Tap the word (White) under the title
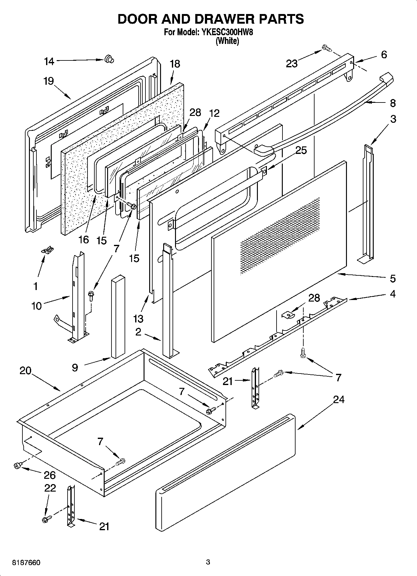click(x=227, y=41)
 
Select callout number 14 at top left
click(x=49, y=61)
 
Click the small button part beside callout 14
click(x=109, y=59)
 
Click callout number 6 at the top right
click(x=384, y=55)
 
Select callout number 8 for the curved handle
click(x=392, y=103)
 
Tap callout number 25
click(x=301, y=150)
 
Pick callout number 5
click(x=392, y=278)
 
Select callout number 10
click(x=36, y=306)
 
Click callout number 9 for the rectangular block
click(x=75, y=368)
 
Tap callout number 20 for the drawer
click(x=26, y=371)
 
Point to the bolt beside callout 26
click(x=17, y=465)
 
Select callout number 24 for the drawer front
click(x=339, y=399)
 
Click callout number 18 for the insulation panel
click(x=175, y=64)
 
